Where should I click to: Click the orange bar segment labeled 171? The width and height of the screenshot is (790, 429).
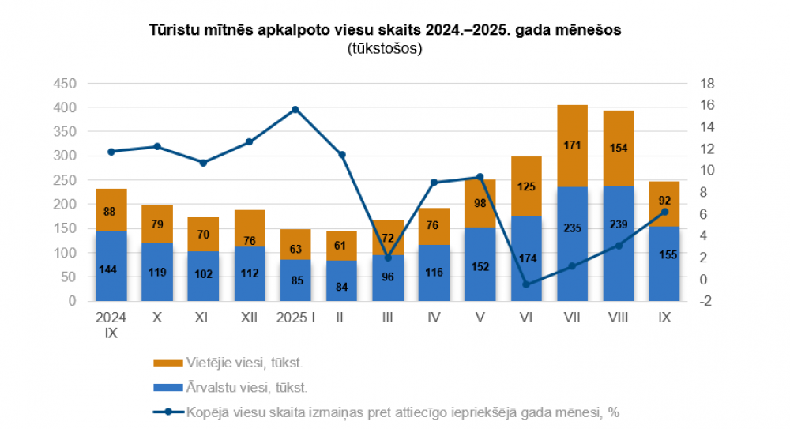tap(572, 146)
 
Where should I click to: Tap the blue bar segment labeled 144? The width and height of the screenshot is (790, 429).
tap(111, 266)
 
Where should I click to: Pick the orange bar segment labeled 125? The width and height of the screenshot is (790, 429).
tap(526, 186)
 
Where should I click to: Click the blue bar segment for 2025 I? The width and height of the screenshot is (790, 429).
tap(295, 280)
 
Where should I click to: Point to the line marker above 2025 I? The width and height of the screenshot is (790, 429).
tap(295, 110)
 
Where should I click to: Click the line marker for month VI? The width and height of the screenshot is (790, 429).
tap(526, 284)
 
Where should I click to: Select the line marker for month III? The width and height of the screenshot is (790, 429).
tap(388, 258)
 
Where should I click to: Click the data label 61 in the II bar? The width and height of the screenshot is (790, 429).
tap(341, 245)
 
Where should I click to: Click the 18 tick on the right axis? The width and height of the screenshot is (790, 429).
tap(708, 83)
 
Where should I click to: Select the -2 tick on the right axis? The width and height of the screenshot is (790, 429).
tap(706, 301)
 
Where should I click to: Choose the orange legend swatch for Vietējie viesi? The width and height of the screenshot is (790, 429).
tap(167, 363)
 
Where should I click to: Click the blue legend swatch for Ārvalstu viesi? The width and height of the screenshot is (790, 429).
tap(167, 387)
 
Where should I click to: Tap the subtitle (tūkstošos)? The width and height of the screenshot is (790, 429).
tap(385, 49)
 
